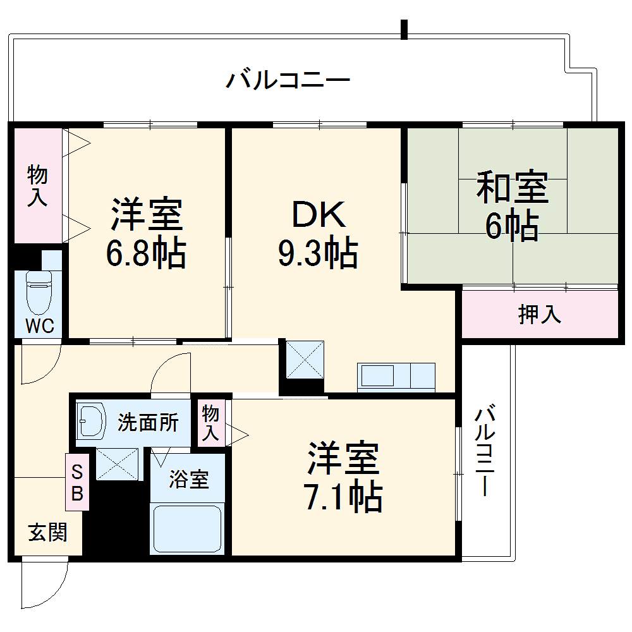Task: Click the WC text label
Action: point(39,326)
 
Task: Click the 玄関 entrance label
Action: point(47,533)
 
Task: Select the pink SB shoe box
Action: point(77,482)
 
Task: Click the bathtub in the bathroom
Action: point(188,528)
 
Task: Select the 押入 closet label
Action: point(540,314)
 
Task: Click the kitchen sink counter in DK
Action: point(396,377)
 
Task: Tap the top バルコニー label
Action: point(288,81)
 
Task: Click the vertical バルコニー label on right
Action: point(485,452)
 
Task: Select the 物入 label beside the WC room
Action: point(37,185)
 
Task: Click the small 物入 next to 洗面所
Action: point(210,423)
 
